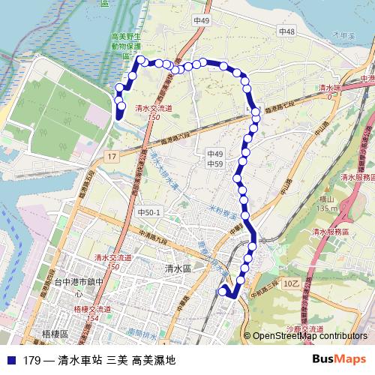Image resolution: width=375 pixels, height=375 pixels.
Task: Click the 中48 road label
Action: [286, 31]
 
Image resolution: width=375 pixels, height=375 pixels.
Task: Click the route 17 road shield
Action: [112, 156]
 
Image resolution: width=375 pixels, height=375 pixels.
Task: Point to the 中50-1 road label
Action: [149, 214]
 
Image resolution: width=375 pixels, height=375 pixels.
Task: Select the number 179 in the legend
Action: [31, 360]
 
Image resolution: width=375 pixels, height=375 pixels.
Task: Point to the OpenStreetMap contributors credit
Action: [310, 336]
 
